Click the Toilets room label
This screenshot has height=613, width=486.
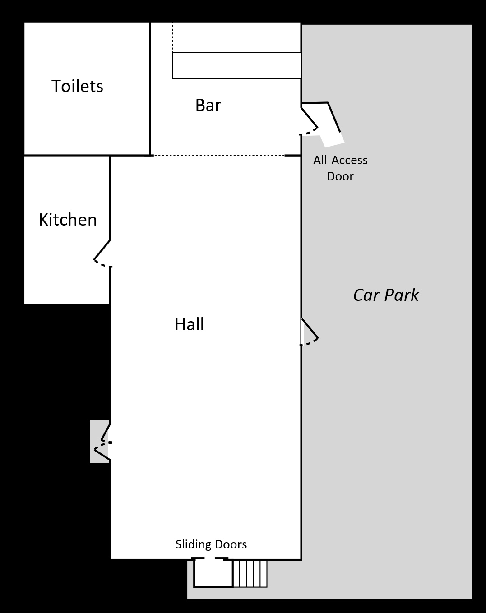click(x=77, y=86)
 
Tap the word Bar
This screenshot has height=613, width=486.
click(x=208, y=105)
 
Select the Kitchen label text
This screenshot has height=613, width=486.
click(x=68, y=220)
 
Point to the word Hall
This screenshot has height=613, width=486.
click(x=189, y=324)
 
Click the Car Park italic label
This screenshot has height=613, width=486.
click(x=386, y=295)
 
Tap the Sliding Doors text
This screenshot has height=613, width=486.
click(x=211, y=544)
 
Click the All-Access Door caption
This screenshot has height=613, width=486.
click(x=340, y=168)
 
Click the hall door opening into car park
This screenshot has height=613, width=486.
click(x=309, y=333)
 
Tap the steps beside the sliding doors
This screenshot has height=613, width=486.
click(x=250, y=573)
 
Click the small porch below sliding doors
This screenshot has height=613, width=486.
click(x=213, y=573)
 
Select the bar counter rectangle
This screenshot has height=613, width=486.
click(x=236, y=66)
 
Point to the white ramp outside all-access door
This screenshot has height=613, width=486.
click(x=332, y=139)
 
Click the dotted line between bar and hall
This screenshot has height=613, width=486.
click(x=219, y=156)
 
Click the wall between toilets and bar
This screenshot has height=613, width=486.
click(x=150, y=88)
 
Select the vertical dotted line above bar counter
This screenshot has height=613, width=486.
click(x=173, y=37)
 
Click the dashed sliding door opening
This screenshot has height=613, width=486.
click(x=208, y=559)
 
